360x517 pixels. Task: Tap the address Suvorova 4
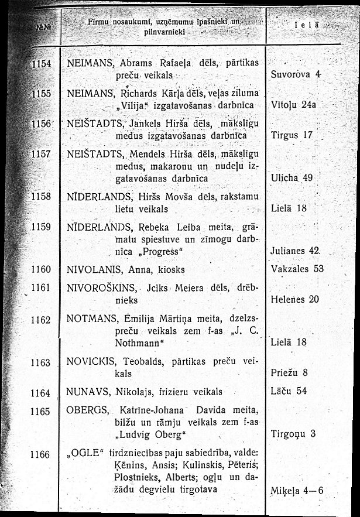coord(297,75)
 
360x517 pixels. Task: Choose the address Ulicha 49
coord(293,177)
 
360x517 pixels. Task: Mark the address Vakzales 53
coord(297,269)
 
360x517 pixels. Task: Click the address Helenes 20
coord(296,299)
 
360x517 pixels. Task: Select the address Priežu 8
coord(290,372)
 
